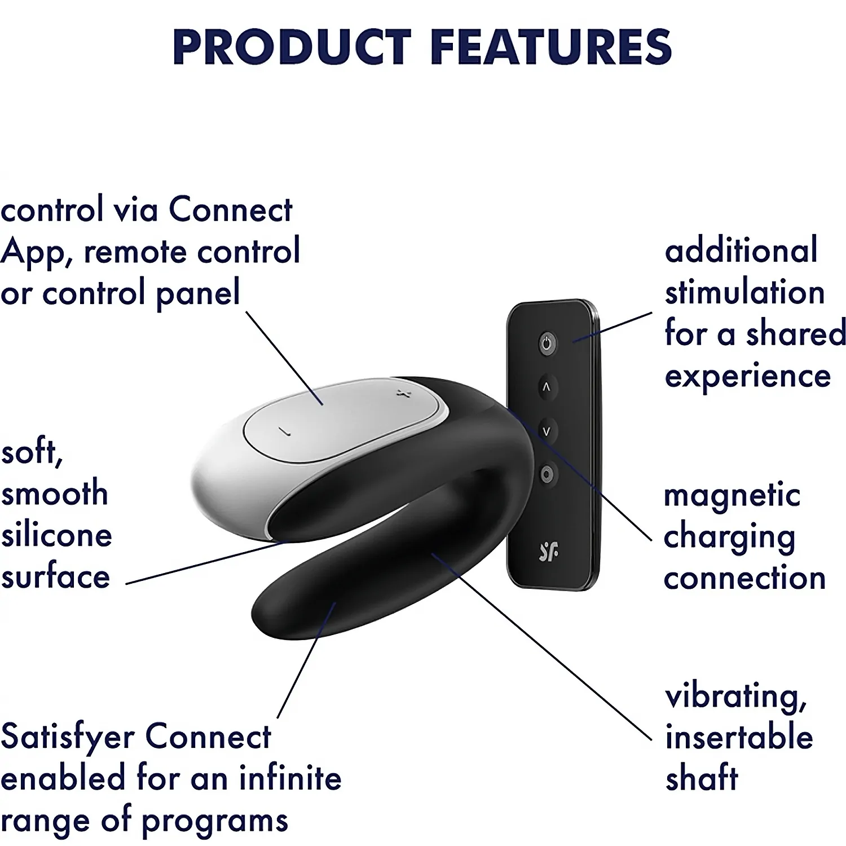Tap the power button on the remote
click(x=547, y=343)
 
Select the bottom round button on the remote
click(x=546, y=474)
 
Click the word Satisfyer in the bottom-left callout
click(x=68, y=736)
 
